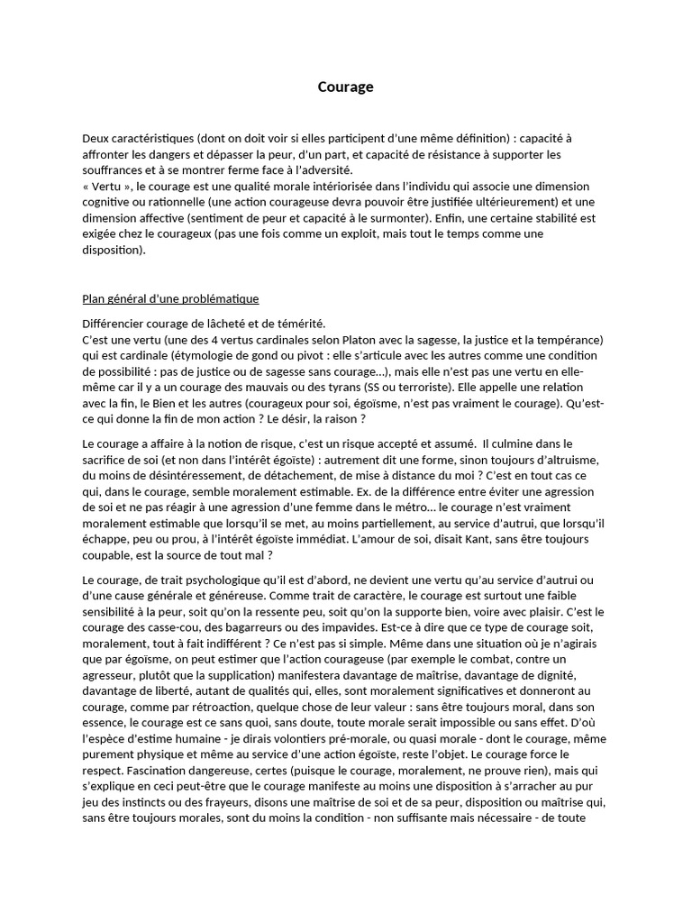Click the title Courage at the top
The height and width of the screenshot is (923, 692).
point(345,87)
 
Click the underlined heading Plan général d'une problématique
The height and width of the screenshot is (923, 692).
point(170,298)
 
